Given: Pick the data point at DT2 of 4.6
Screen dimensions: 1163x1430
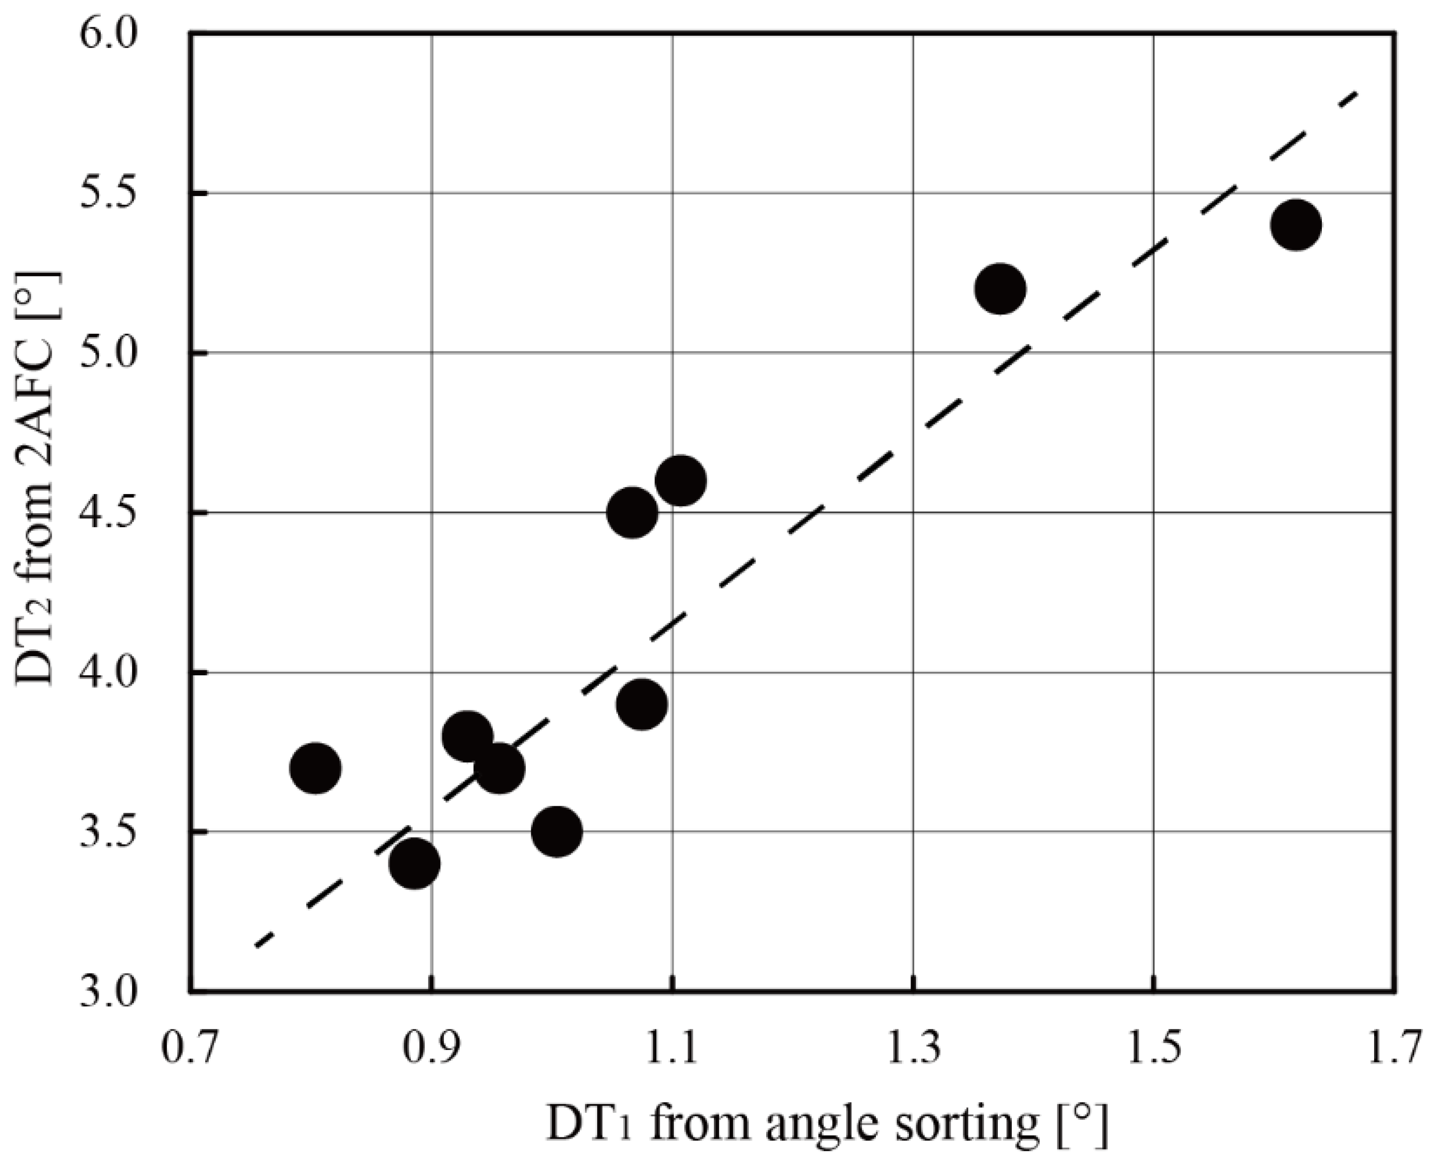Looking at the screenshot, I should pyautogui.click(x=681, y=480).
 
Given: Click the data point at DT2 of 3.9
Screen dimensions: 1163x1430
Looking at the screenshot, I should pyautogui.click(x=641, y=704).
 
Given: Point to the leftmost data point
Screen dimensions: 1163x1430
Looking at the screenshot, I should pyautogui.click(x=316, y=768).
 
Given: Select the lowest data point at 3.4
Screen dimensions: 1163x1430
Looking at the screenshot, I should pyautogui.click(x=415, y=863).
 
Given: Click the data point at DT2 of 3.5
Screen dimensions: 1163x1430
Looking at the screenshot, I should pyautogui.click(x=556, y=831).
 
